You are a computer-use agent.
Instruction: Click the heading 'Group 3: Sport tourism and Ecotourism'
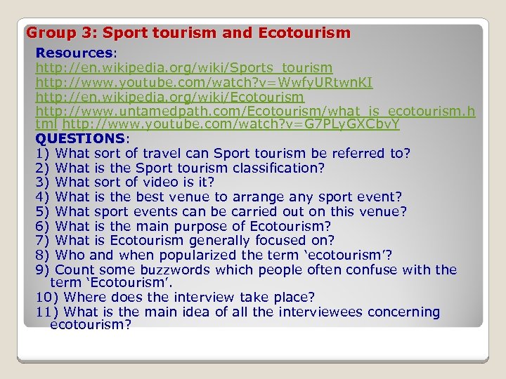point(188,33)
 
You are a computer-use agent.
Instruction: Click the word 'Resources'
point(74,53)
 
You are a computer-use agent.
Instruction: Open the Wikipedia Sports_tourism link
point(184,68)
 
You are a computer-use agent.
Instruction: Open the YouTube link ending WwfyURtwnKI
point(204,83)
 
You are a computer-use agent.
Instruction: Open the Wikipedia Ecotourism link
point(170,97)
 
